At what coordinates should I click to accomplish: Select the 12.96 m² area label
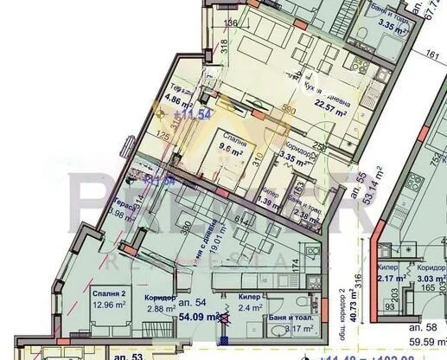112,305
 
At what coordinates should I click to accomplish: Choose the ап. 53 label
127,355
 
